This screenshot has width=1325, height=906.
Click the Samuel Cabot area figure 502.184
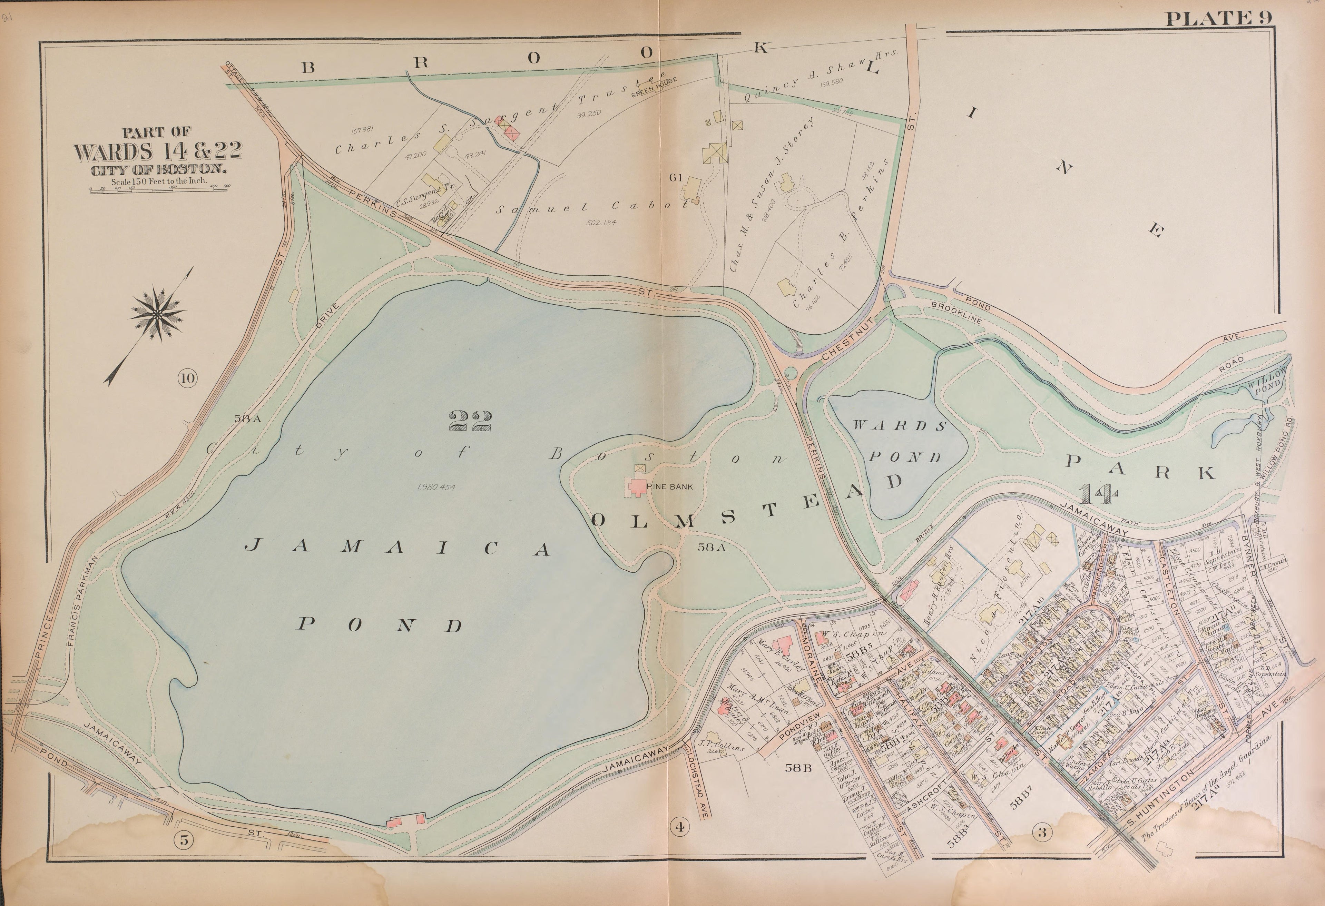[x=601, y=222]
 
